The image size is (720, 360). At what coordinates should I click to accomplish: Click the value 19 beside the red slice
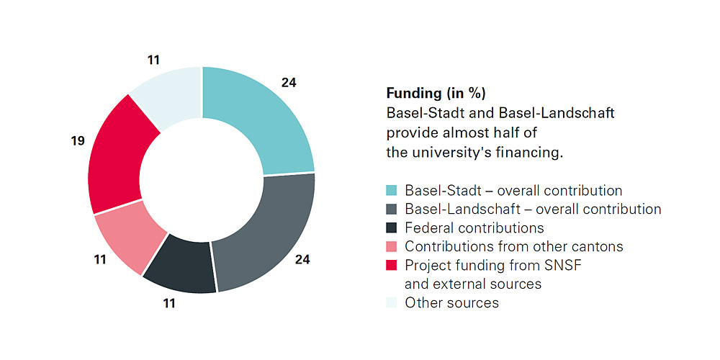78,141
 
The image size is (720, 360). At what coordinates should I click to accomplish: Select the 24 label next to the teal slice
289,84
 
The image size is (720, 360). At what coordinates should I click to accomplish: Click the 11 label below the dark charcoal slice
169,304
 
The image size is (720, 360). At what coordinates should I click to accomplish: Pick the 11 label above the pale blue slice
153,60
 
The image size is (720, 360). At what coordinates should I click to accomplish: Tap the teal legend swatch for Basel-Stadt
392,191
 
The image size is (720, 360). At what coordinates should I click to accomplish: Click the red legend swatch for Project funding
392,266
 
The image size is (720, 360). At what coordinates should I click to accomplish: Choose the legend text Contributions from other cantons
513,247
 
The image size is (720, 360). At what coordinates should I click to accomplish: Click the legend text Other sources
451,302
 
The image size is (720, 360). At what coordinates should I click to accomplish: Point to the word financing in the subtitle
523,152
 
